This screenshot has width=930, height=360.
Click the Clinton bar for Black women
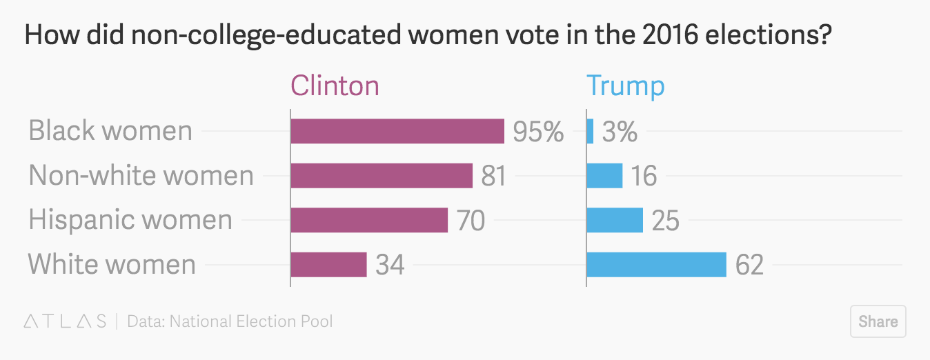(397, 131)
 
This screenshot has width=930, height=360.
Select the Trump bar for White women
(656, 265)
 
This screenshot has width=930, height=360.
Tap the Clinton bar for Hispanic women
(369, 221)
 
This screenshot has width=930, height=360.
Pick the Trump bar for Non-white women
(604, 176)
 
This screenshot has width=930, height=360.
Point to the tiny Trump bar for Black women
(590, 131)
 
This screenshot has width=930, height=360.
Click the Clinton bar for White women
(328, 265)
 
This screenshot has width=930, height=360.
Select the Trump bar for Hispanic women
(615, 221)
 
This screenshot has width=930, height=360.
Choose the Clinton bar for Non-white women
(382, 176)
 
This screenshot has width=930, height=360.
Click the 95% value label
(538, 132)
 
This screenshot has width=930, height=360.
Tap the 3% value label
(620, 132)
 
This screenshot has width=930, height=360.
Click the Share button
(878, 321)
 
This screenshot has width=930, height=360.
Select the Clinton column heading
(335, 86)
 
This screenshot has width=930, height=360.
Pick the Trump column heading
(625, 86)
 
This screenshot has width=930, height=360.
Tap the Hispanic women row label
(130, 221)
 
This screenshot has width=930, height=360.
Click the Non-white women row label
(141, 176)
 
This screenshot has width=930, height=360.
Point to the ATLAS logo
(66, 321)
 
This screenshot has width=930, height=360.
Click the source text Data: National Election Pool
(230, 321)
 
